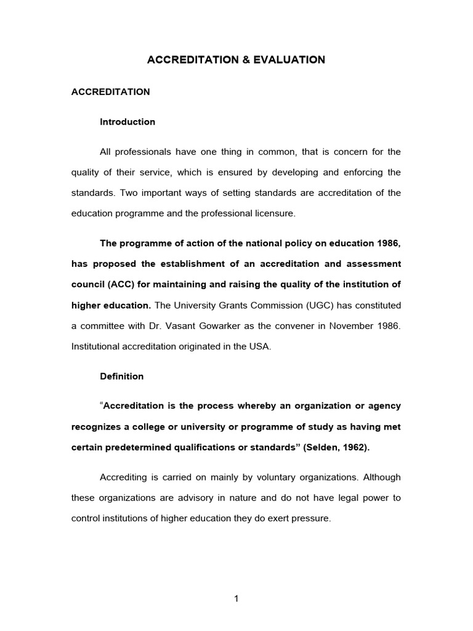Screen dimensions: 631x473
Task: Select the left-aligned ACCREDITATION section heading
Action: tap(111, 92)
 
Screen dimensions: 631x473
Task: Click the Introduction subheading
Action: tap(127, 122)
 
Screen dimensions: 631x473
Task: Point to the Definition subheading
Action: tap(122, 377)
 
